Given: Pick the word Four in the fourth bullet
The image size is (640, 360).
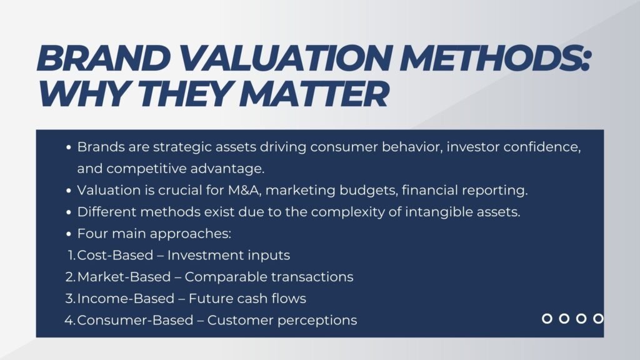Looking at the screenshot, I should [91, 234].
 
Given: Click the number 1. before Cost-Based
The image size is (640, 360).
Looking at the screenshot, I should [71, 255].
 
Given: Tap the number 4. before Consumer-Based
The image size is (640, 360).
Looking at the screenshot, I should [70, 320].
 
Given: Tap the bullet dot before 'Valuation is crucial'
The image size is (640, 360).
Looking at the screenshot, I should [69, 190].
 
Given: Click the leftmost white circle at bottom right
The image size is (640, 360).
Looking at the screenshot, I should [547, 319].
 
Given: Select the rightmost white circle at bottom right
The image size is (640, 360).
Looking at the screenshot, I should [598, 319].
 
